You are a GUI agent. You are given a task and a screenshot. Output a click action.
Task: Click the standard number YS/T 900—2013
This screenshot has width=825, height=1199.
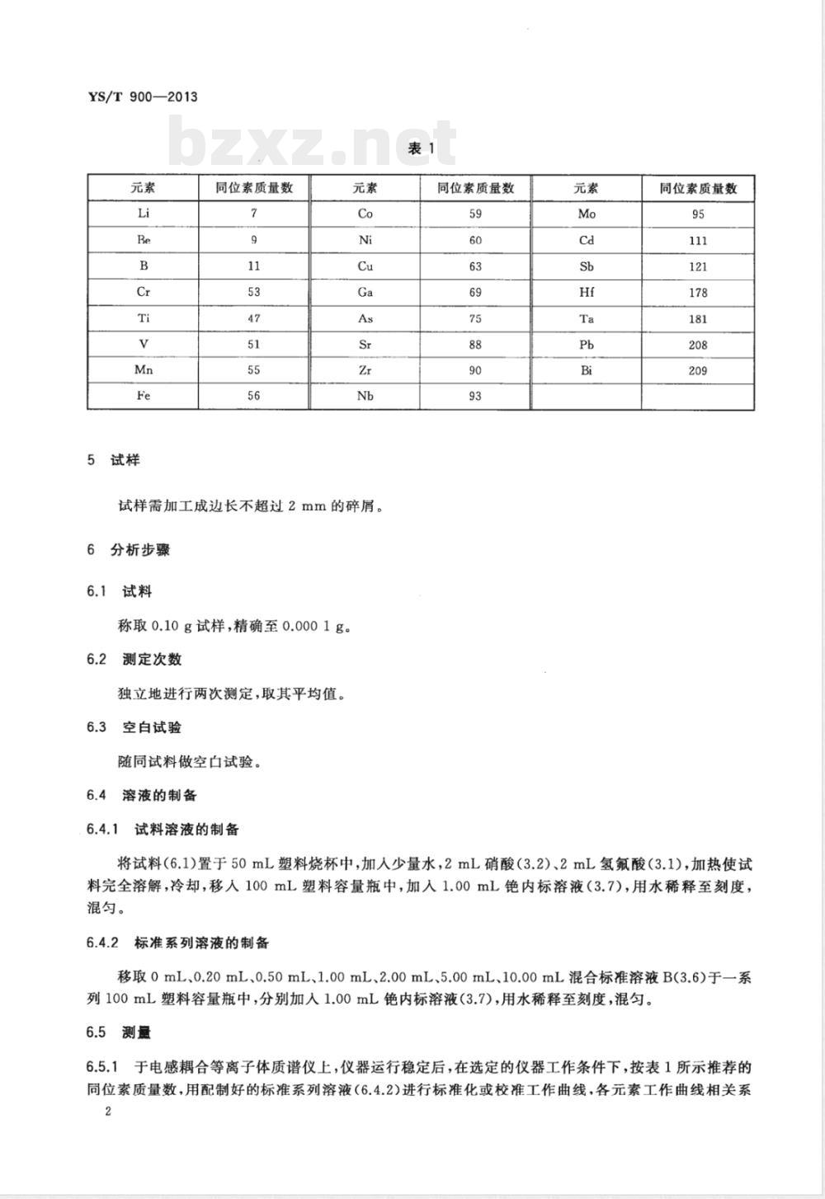click(142, 96)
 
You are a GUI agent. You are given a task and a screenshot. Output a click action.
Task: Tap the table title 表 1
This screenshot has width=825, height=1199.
click(421, 148)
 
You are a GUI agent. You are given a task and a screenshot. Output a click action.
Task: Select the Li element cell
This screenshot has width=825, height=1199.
click(144, 214)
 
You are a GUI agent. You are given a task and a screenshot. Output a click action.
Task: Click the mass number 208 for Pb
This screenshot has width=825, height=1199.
click(698, 345)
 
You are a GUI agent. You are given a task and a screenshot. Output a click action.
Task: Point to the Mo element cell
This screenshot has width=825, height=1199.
click(587, 214)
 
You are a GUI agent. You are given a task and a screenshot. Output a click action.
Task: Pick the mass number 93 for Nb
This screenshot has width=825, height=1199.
click(475, 396)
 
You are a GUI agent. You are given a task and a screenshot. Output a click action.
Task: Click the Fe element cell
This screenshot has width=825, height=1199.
click(144, 396)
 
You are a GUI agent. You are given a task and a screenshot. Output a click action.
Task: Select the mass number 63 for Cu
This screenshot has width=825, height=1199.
click(475, 266)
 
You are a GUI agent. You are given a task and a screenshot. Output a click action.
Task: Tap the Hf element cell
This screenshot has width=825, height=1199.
click(587, 293)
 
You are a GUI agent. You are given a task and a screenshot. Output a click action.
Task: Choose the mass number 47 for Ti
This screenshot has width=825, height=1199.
click(254, 318)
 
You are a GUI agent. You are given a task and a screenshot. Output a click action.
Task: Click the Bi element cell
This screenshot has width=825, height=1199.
click(587, 370)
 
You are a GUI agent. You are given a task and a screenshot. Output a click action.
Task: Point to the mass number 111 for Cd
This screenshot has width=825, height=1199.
click(698, 240)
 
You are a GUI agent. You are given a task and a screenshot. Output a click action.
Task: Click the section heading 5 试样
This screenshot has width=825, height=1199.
click(114, 460)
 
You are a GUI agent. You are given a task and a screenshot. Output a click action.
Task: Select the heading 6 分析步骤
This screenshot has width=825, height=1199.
click(129, 549)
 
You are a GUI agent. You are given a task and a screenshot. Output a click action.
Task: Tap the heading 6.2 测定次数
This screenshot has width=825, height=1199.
click(134, 659)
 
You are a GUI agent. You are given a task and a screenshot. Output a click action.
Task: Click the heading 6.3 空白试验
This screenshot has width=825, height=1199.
click(134, 727)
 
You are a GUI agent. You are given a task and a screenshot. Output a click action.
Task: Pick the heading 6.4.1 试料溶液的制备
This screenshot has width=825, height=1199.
click(163, 829)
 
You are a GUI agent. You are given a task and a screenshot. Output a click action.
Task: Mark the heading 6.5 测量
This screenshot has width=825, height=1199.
click(119, 1032)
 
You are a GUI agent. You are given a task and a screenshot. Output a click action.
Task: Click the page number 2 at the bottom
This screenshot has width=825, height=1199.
click(107, 1112)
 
